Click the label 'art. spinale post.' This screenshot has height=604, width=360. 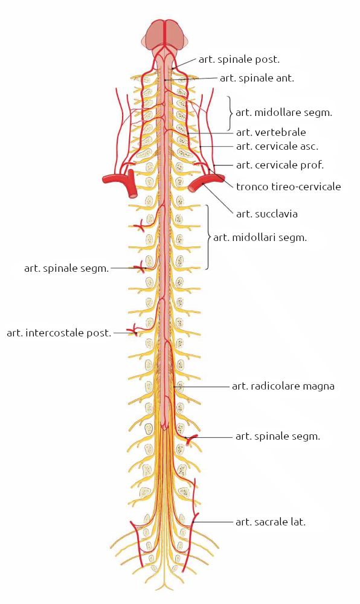coord(239,59)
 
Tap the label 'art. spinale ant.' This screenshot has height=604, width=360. coord(257,78)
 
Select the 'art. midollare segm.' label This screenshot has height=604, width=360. coord(284,112)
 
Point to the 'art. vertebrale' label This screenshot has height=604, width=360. coord(271,132)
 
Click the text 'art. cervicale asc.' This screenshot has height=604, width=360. coord(277,146)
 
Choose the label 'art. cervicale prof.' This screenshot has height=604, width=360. coord(280,165)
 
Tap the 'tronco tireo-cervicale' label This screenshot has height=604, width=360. coord(288,187)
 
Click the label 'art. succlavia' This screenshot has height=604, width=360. coord(267,214)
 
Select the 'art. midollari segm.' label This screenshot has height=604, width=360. coord(260,237)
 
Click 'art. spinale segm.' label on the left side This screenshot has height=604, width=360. coord(66,269)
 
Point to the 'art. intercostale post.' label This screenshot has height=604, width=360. coord(59,333)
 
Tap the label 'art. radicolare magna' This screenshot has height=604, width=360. coord(283,386)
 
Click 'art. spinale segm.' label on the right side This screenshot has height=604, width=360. coord(278,437)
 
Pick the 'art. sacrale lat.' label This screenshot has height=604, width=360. coord(270,522)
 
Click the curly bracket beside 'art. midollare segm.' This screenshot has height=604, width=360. coord(230,114)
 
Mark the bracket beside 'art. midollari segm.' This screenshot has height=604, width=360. coord(208,237)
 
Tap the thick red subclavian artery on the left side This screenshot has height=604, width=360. coord(121,181)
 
